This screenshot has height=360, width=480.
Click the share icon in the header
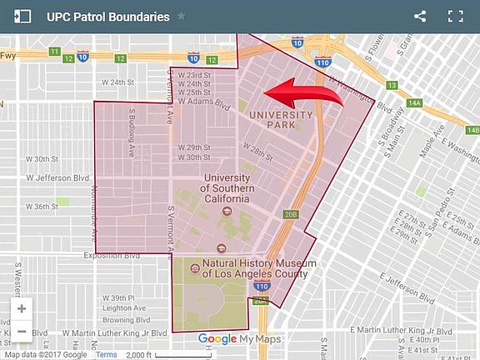point(420,16)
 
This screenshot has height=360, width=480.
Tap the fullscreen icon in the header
point(455,16)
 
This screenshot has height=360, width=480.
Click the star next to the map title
point(182,17)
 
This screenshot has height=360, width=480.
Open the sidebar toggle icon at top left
point(22,17)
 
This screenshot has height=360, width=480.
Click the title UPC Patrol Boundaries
point(107,17)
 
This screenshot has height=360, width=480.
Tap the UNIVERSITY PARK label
point(281,119)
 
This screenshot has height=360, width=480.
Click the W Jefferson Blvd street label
point(57,177)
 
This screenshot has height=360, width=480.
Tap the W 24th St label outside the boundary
point(117,82)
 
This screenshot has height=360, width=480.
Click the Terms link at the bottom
point(107,354)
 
